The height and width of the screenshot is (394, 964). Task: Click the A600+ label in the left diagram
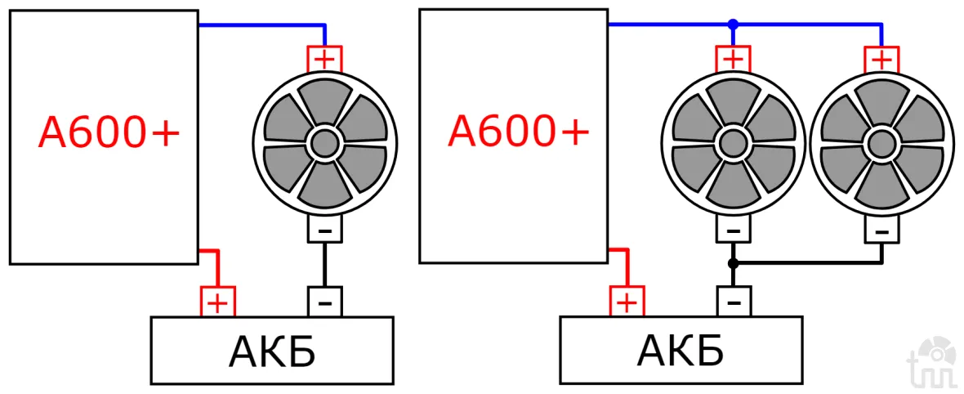point(109,132)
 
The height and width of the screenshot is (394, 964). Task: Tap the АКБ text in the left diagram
point(272,352)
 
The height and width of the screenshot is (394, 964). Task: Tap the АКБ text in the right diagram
point(681,352)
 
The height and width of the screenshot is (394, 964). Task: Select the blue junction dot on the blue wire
point(733,25)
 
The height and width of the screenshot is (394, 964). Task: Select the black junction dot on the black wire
point(733,263)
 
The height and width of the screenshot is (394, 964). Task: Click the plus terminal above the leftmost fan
point(324,59)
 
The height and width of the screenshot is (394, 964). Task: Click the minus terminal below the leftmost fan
point(324,231)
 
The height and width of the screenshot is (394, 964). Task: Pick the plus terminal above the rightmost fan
point(881,59)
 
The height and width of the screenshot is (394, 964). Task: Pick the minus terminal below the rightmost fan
point(881,231)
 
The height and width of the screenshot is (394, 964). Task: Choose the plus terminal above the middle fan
point(733,59)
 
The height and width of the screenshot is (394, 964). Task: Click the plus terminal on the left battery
point(218,302)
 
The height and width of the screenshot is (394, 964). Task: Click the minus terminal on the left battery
point(324,302)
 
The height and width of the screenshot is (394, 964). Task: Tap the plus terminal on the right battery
point(627,302)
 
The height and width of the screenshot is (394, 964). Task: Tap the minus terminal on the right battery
point(733,302)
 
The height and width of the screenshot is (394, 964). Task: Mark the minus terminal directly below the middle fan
point(733,231)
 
